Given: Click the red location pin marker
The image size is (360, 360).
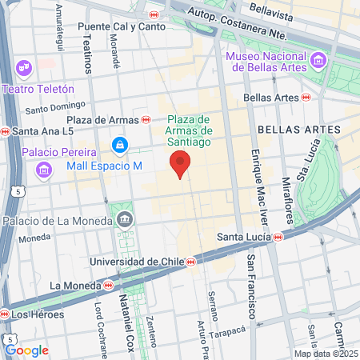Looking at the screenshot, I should pyautogui.click(x=181, y=164).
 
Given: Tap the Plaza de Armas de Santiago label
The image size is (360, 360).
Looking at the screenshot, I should pyautogui.click(x=189, y=130).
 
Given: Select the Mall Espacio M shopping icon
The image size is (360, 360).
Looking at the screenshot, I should pyautogui.click(x=119, y=145).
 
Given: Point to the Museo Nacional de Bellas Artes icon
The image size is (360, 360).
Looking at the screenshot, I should pyautogui.click(x=318, y=61).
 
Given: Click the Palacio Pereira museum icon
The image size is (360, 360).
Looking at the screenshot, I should pyautogui.click(x=44, y=169).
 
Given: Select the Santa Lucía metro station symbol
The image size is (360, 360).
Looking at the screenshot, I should pyautogui.click(x=278, y=237).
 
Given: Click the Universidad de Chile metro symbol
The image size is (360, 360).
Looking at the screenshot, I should pyautogui.click(x=190, y=262).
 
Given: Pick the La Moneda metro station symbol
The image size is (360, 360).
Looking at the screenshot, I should pyautogui.click(x=107, y=285).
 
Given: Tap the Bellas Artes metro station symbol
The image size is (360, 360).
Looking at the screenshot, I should pyautogui.click(x=306, y=97).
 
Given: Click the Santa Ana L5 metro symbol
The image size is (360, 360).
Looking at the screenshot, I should pyautogui.click(x=5, y=131).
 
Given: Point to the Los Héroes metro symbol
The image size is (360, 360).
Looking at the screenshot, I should pyautogui.click(x=6, y=314).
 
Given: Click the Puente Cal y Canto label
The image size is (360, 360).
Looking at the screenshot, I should pyautogui.click(x=116, y=26).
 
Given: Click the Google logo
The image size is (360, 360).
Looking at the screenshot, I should pyautogui.click(x=26, y=350).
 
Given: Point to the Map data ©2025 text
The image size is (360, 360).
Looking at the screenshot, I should pyautogui.click(x=325, y=353).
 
